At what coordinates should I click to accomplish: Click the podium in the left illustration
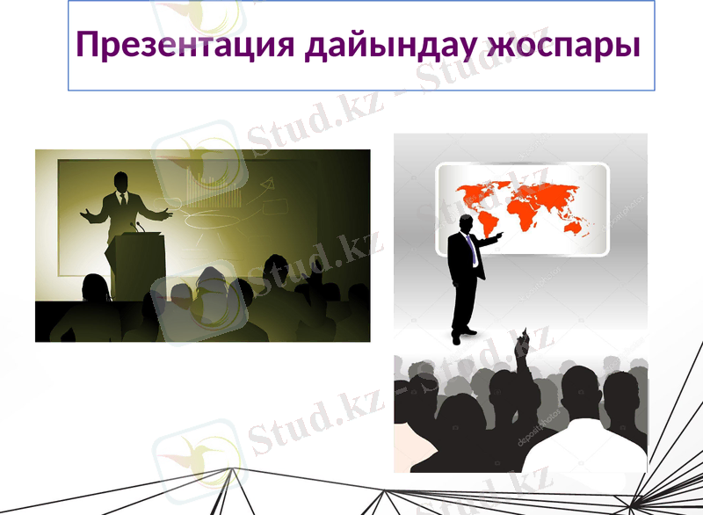[x=132, y=264]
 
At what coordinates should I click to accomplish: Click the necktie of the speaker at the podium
[x=123, y=201]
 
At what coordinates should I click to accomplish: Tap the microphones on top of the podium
[x=137, y=227]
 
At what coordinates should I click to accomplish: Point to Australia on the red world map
[x=576, y=228]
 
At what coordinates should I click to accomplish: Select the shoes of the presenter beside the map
[x=464, y=334]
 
